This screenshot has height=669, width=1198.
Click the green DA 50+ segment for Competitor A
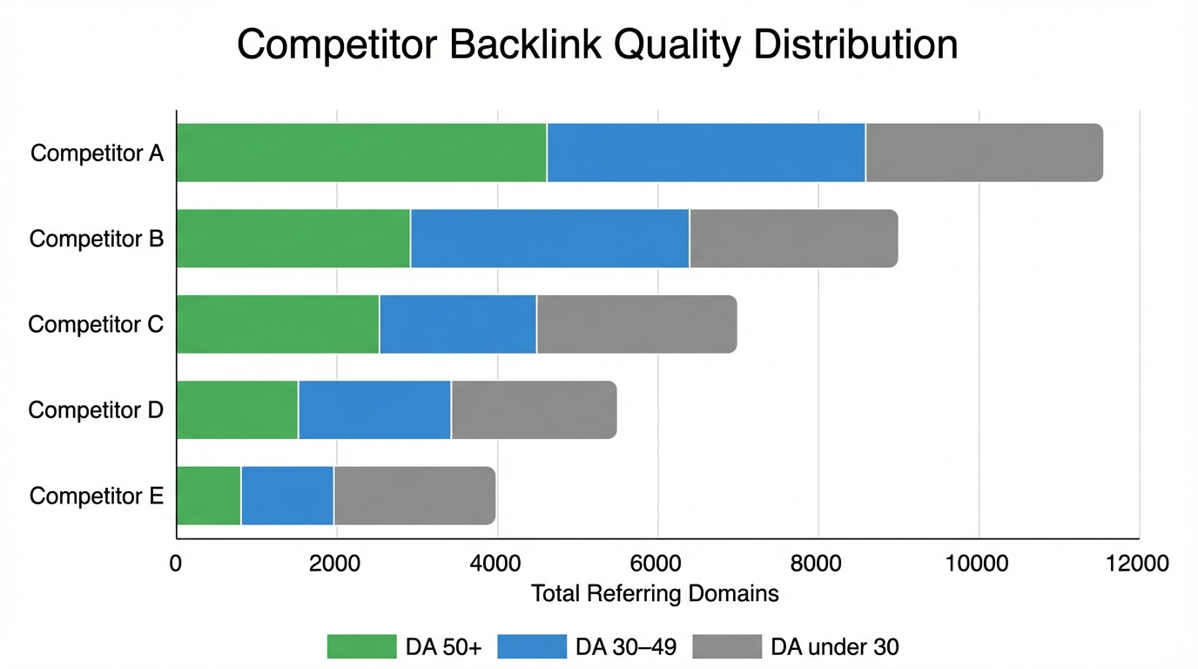[x=361, y=153]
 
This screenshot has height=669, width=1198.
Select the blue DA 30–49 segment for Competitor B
[x=549, y=239]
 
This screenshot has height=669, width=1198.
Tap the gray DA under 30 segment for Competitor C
[x=636, y=324]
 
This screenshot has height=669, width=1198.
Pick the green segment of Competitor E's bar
[x=209, y=496]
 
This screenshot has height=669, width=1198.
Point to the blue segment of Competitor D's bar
[x=374, y=409]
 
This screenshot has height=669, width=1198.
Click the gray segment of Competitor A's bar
[x=984, y=153]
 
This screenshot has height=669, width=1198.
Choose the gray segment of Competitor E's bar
[x=414, y=496]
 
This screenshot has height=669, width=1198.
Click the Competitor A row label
[x=97, y=153]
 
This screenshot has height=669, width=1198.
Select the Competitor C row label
[x=96, y=325]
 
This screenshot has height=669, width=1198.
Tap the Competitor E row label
[x=96, y=497]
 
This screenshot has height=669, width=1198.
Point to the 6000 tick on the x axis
[x=657, y=564]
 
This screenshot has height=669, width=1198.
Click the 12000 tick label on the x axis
[x=1138, y=564]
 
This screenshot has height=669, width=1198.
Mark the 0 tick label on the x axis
[x=176, y=564]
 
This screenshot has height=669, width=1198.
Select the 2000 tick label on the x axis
[x=336, y=564]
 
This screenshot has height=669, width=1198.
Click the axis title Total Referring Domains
[x=655, y=594]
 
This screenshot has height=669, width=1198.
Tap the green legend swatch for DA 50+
[x=361, y=646]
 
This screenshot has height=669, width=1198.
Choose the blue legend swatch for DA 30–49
[x=531, y=646]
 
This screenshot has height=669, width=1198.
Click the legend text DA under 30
[x=835, y=646]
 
